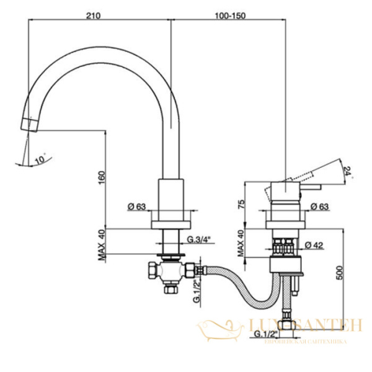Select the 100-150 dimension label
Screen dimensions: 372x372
click(228, 12)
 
